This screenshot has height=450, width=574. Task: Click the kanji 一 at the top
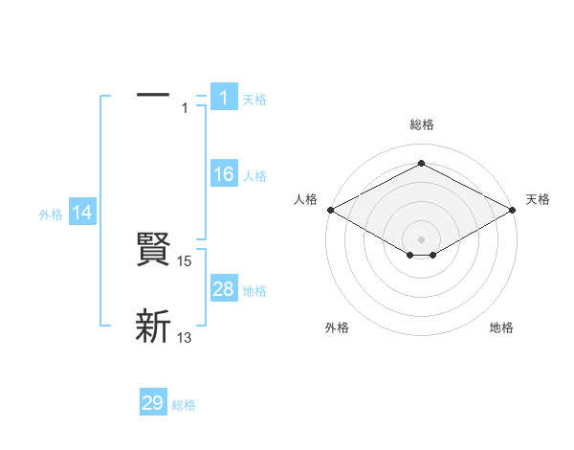point(153,96)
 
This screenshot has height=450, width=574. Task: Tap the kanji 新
point(153,327)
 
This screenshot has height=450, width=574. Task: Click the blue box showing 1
point(224,98)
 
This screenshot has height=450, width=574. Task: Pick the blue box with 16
point(224,174)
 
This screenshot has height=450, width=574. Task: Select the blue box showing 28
point(224,289)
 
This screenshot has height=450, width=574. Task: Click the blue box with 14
point(82,214)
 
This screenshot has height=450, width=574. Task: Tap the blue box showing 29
point(153,403)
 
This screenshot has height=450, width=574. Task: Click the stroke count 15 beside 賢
point(186,260)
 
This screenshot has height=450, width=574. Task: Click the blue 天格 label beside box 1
point(254,100)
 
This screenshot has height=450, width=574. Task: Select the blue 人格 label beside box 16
point(254,176)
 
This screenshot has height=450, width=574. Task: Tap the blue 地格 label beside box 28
point(254,291)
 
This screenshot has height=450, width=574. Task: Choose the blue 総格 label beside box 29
point(184,405)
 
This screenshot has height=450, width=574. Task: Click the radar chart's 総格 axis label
point(421,124)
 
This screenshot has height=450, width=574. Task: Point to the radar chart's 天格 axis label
point(538,199)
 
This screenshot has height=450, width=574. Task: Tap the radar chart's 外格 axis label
point(337,328)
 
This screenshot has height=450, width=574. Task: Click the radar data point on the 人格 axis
point(329,209)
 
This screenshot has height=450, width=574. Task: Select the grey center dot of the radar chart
point(421,238)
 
